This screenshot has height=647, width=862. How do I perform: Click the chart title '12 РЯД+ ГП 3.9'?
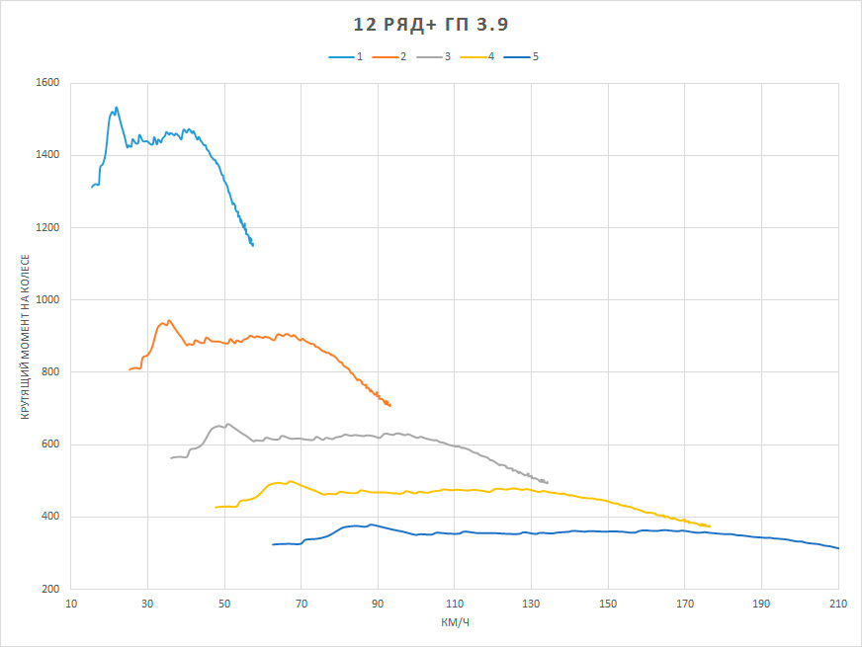430,25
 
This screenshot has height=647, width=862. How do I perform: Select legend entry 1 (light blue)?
346,56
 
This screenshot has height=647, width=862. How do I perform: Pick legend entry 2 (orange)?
389,56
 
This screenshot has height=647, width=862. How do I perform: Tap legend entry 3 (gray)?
433,56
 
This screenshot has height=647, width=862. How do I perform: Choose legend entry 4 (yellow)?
477,56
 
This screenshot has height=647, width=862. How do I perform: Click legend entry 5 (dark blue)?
521,56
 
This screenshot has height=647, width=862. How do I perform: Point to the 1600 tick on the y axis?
47,82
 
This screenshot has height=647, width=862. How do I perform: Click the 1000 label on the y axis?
47,300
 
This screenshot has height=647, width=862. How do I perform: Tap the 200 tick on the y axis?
50,589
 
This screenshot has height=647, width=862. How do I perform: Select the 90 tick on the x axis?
378,605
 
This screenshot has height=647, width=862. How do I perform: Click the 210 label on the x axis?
838,605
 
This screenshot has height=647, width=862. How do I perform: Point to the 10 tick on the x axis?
71,605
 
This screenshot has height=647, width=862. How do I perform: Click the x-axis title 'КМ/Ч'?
455,623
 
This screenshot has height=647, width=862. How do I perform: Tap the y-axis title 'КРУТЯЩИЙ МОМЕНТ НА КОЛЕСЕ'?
26,337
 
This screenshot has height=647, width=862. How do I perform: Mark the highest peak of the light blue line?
116,107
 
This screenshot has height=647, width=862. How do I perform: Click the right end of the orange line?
390,405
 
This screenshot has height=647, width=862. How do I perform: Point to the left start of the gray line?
171,458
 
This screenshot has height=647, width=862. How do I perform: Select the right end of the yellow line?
710,526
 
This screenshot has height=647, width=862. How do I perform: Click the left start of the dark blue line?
273,544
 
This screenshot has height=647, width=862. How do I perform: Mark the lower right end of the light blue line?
253,246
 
